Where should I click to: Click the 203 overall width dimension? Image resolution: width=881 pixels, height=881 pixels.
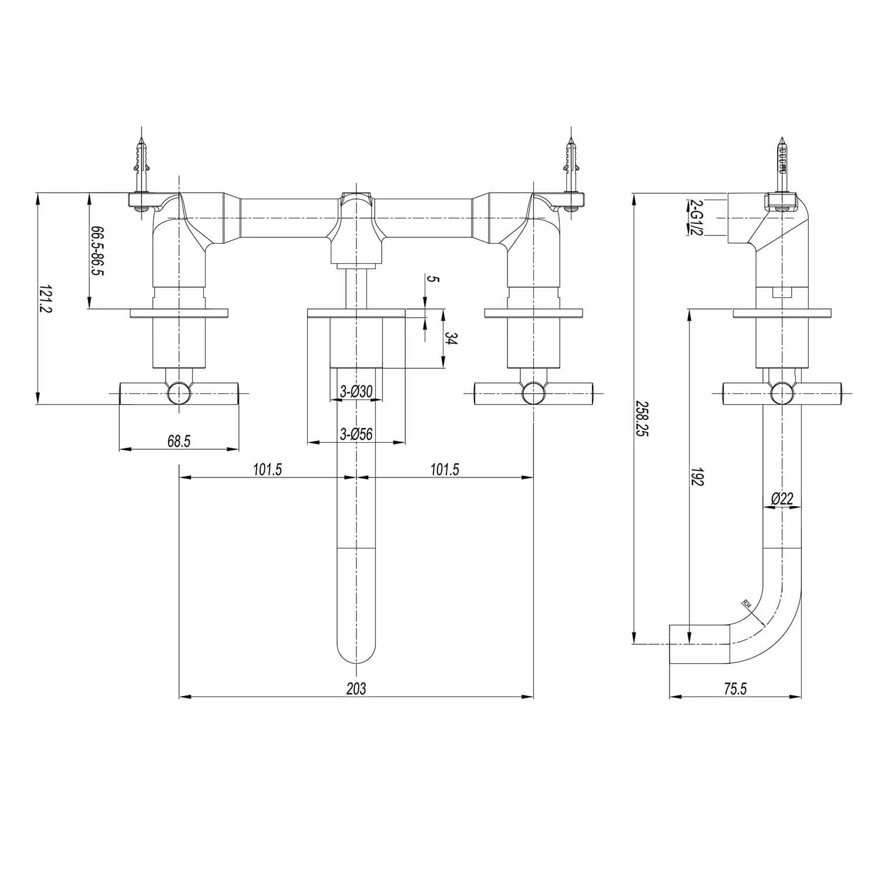(x=356, y=688)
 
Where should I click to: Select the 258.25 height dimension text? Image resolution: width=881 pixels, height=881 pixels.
(x=643, y=418)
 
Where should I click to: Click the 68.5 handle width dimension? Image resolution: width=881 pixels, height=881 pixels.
(x=179, y=441)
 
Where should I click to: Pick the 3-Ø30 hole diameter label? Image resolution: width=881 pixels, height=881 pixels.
(x=357, y=391)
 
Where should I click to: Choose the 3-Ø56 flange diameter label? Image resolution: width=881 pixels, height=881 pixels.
(x=357, y=434)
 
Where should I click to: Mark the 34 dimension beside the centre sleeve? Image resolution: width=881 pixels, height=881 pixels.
(x=451, y=339)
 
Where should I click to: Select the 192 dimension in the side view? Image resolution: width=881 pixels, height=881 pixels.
(x=697, y=477)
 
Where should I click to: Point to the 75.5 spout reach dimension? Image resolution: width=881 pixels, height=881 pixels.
(x=735, y=688)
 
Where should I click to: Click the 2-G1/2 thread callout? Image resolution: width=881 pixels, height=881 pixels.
(x=697, y=217)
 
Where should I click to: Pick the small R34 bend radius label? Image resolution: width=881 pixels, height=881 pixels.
(x=747, y=605)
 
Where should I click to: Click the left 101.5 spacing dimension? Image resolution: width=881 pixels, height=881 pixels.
(x=268, y=469)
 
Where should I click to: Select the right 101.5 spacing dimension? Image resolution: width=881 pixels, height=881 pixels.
(x=445, y=469)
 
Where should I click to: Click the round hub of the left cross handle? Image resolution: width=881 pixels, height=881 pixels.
(x=179, y=393)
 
